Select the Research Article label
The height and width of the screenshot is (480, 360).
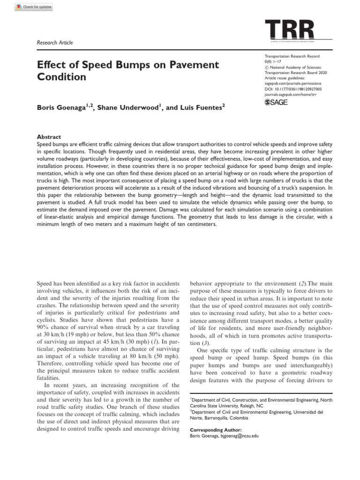click(x=55, y=43)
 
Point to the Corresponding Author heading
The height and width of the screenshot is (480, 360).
click(x=216, y=430)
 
